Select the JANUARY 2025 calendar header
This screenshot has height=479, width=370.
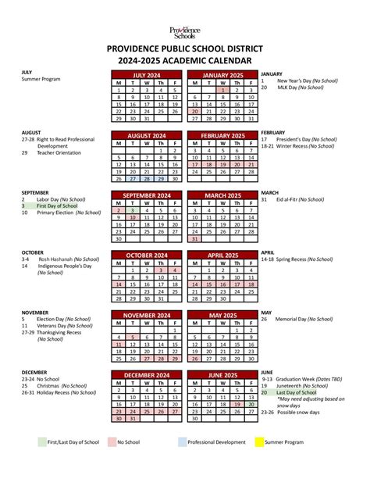tap(223, 75)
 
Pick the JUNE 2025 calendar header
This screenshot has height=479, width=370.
tap(223, 376)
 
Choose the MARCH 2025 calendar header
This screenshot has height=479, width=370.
tap(223, 195)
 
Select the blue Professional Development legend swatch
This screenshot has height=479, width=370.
tap(183, 441)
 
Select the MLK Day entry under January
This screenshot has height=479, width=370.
tap(287, 88)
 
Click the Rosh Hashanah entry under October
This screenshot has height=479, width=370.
tap(58, 259)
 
